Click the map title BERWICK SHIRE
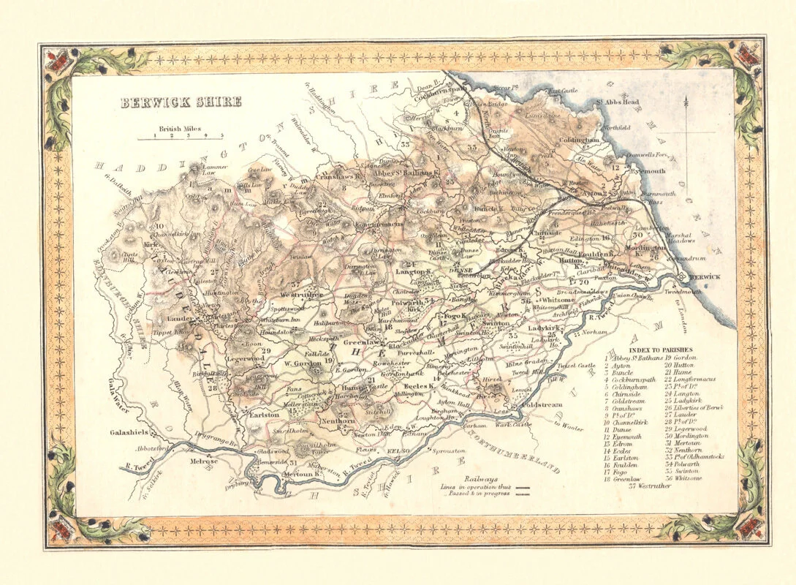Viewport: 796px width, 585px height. click(181, 102)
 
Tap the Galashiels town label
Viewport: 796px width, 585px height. click(131, 432)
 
